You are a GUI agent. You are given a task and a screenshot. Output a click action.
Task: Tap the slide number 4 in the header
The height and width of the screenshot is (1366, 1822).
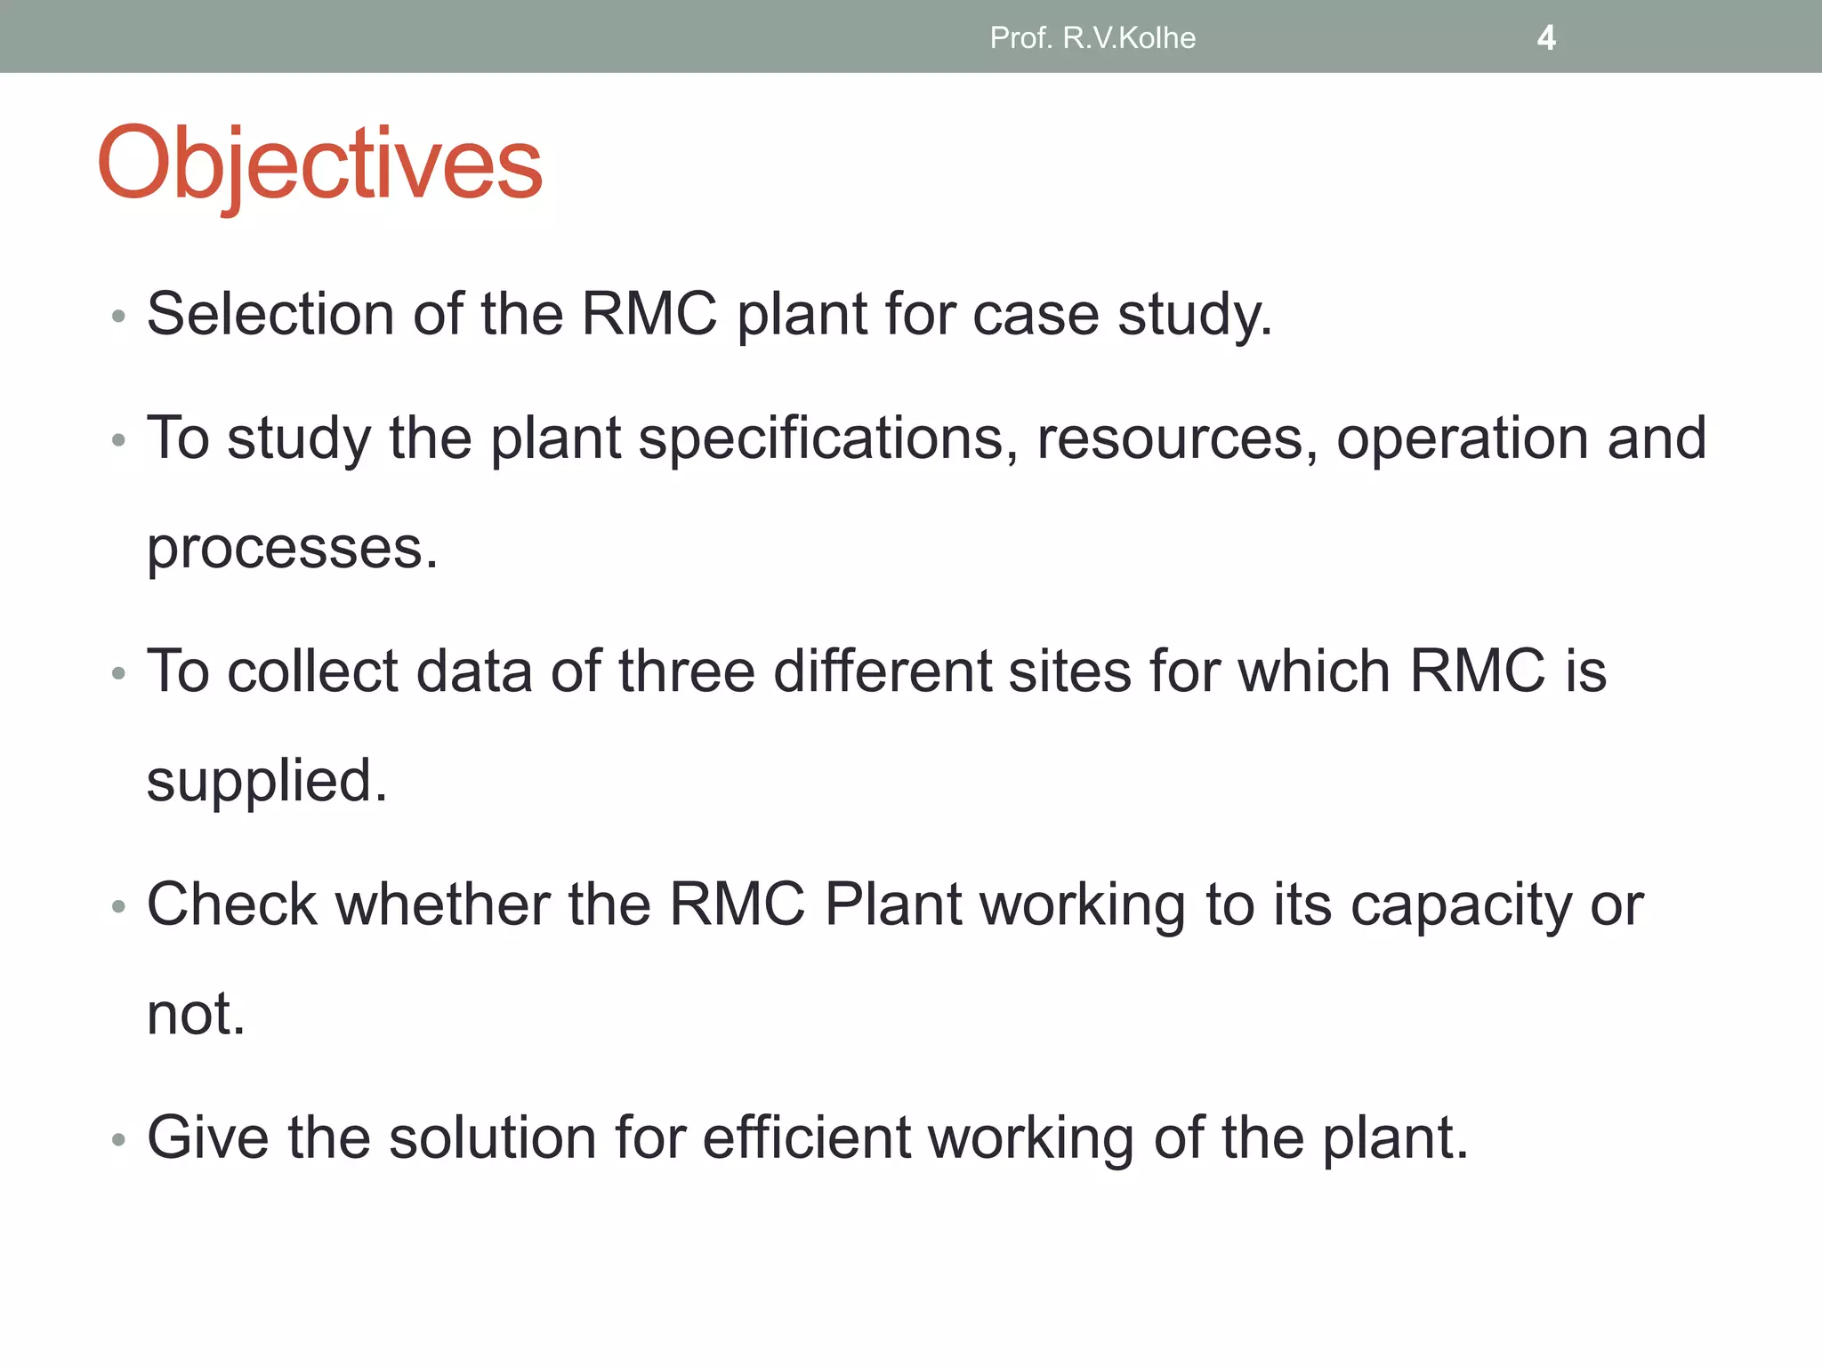[1546, 38]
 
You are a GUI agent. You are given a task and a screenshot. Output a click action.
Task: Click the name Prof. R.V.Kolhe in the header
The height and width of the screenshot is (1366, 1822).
[1092, 38]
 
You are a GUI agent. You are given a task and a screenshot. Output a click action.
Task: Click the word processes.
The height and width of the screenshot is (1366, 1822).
[292, 550]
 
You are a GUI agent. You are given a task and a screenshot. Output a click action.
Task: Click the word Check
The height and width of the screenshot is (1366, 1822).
[231, 904]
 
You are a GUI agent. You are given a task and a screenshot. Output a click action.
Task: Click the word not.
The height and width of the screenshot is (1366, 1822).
[196, 1014]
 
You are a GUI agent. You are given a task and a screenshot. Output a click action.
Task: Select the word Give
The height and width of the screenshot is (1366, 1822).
[207, 1137]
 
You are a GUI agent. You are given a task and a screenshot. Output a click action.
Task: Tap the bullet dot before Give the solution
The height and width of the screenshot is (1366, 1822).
[118, 1140]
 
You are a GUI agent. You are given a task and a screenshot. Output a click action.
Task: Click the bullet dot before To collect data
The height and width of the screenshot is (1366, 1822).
[118, 674]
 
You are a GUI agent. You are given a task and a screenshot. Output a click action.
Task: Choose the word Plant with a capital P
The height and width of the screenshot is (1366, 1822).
[893, 904]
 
